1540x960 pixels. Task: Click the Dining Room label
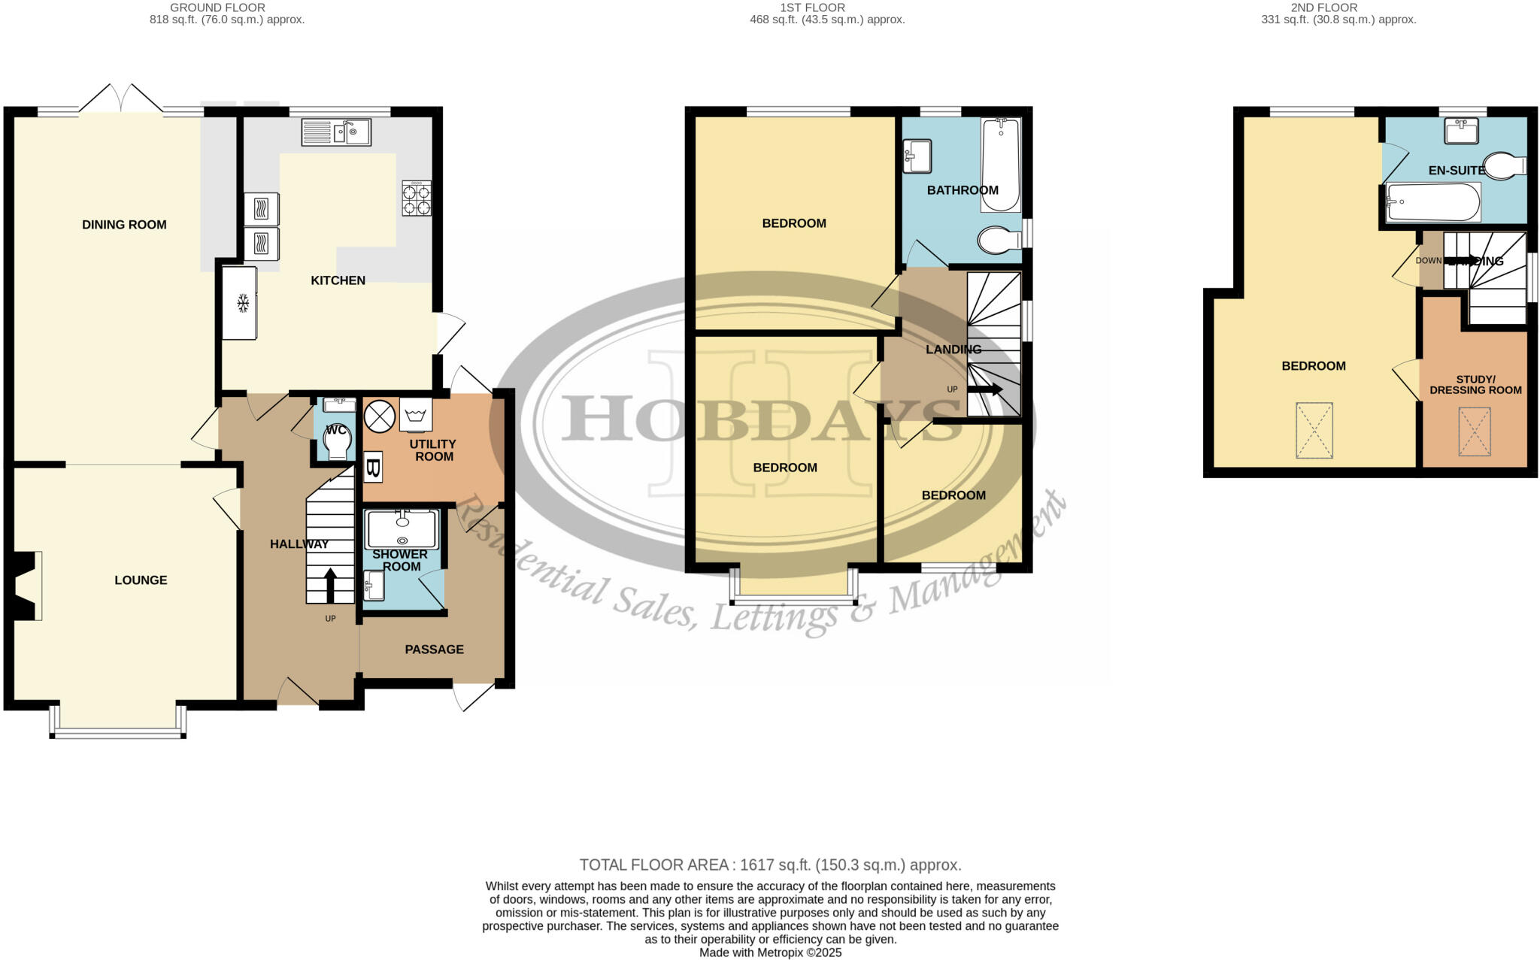[124, 224]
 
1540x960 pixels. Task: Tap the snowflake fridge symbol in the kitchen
[242, 303]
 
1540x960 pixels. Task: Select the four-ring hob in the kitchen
[417, 198]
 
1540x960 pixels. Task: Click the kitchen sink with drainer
[336, 132]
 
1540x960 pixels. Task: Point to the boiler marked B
[373, 468]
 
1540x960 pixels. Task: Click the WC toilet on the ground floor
[336, 441]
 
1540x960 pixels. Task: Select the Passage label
[434, 650]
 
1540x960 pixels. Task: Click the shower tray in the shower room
[402, 528]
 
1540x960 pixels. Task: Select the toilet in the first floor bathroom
[999, 240]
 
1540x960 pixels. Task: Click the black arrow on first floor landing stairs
[985, 389]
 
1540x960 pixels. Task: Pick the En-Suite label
[1457, 171]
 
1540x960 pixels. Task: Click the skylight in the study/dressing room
[1474, 432]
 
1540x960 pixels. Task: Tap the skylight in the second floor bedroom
[1314, 430]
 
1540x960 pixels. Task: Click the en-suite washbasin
[1461, 130]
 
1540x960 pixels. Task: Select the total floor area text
[770, 865]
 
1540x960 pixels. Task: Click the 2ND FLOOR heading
[1323, 8]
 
